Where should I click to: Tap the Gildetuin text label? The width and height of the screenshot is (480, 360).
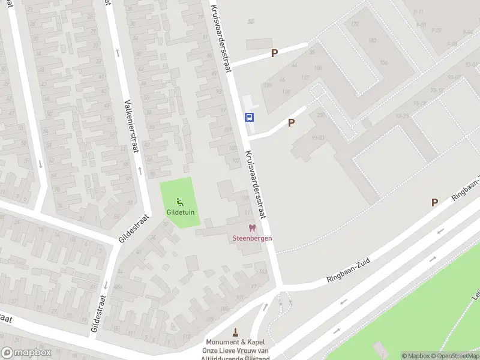click(180, 212)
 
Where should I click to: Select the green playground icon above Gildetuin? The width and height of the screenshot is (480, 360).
click(180, 202)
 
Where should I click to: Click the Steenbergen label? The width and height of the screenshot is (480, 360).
click(252, 238)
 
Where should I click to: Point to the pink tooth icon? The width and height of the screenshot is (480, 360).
click(252, 228)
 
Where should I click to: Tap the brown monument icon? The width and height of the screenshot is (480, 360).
click(236, 332)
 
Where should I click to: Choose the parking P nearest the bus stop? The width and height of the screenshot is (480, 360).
click(292, 122)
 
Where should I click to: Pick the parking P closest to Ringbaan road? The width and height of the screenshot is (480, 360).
click(434, 203)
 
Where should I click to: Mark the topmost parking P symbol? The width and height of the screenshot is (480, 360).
click(274, 53)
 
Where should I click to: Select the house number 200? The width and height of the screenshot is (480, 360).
click(320, 114)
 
